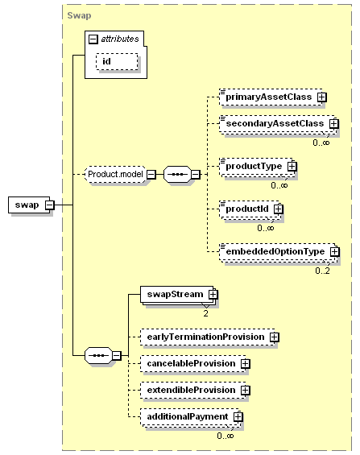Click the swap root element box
pos(29,205)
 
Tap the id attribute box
pos(117,61)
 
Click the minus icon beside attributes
pos(93,39)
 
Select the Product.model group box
pos(115,175)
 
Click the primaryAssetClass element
pos(271,97)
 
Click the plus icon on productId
pos(279,209)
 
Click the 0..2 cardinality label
pos(323,271)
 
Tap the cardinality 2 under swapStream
pos(205,313)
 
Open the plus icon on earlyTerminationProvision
pos(274,337)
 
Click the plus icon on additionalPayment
pos(238,417)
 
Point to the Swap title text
pos(79,15)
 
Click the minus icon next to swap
pos(50,205)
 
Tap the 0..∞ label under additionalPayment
pos(226,436)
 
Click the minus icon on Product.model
pos(151,175)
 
